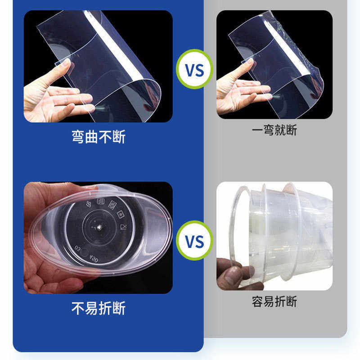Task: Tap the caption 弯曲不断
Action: pos(98,136)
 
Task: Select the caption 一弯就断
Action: pos(274,130)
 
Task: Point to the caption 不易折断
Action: pos(98,309)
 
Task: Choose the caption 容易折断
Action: pos(274,301)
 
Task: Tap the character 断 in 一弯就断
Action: pos(291,130)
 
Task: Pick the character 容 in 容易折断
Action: pos(258,301)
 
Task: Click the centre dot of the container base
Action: pos(97,227)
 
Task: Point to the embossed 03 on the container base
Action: pos(77,248)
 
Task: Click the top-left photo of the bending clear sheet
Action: pos(98,66)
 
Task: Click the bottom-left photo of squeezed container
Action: pos(98,237)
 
